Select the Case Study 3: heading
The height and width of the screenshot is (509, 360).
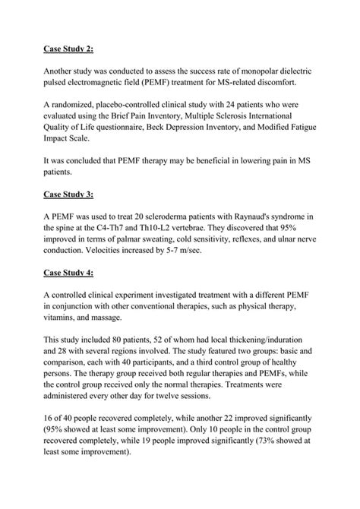(x=68, y=194)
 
